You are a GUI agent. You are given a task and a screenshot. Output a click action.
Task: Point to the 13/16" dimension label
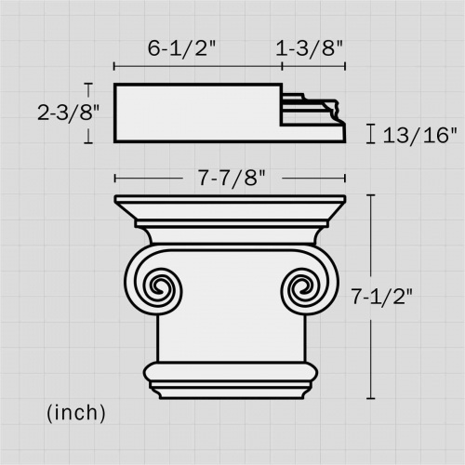[419, 135]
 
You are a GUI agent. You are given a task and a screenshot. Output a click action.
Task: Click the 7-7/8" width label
[230, 177]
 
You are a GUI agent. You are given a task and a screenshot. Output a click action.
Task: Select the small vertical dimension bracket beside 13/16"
[371, 135]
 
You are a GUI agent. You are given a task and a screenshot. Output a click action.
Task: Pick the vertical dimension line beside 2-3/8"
[89, 113]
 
